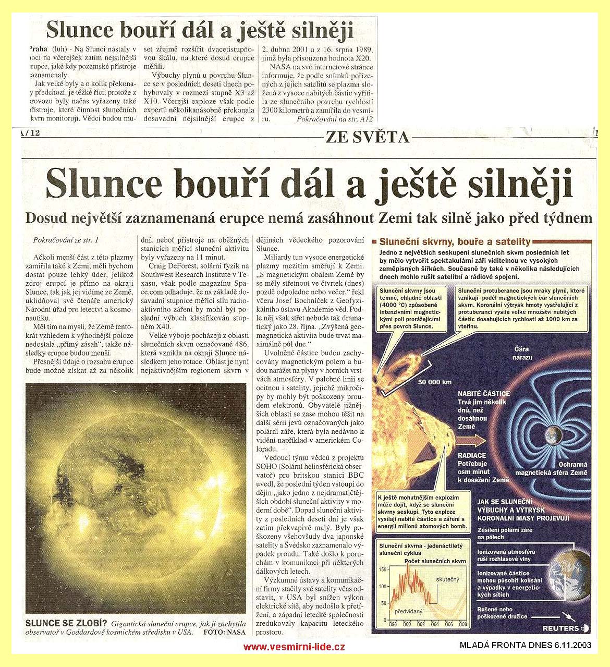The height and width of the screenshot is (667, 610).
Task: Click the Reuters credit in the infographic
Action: (x=560, y=628)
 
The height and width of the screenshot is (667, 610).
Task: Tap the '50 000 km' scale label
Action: (x=434, y=382)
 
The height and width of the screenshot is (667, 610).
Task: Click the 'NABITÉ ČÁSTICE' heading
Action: (x=483, y=394)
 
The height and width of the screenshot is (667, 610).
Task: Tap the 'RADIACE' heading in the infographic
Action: (x=472, y=455)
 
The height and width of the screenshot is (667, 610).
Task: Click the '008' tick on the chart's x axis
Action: (x=462, y=624)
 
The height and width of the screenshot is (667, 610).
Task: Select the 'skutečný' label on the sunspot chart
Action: (x=448, y=579)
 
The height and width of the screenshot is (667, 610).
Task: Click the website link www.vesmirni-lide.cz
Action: (x=294, y=647)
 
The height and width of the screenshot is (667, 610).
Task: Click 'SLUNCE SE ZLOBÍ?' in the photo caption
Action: (x=66, y=623)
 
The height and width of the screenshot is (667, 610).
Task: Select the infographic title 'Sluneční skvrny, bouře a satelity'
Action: (x=454, y=242)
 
